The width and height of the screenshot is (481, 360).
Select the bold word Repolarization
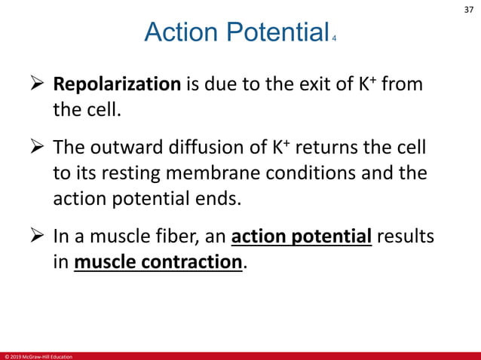point(116,84)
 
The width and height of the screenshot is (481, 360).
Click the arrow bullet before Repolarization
point(38,84)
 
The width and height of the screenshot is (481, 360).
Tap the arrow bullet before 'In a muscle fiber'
point(38,238)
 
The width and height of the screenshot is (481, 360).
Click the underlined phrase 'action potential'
point(302,238)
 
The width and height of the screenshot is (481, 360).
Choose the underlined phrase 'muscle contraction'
point(158,264)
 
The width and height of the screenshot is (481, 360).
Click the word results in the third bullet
point(406,238)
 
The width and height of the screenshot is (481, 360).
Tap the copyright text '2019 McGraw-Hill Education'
point(39,356)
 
